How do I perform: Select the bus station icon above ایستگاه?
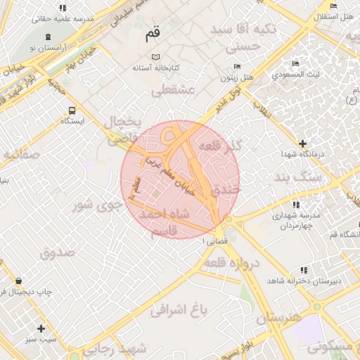point(72,110)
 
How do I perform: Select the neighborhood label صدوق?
point(57,252)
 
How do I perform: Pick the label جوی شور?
point(94,205)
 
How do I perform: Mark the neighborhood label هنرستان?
point(278,317)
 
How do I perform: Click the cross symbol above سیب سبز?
point(41,328)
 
